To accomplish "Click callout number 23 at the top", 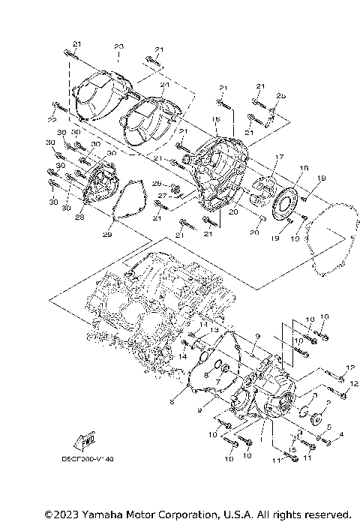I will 118,47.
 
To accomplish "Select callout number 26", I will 157,184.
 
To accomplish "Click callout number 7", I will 217,381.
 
